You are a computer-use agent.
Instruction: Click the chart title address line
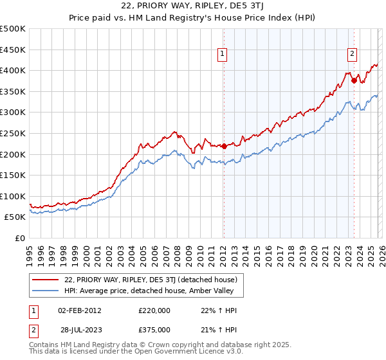tap(193, 7)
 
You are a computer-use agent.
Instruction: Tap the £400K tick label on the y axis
tap(13, 70)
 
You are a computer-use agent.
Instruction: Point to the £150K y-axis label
tap(13, 175)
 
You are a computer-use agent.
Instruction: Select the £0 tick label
tap(20, 238)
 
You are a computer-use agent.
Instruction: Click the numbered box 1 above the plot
tap(222, 54)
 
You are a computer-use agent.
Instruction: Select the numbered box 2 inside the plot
tap(353, 54)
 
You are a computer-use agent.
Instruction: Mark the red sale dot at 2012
tap(223, 146)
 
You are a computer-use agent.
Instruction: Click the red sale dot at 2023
tap(354, 81)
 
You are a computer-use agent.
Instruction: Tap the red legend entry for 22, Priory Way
tap(151, 280)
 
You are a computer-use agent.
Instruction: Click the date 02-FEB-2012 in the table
tap(79, 310)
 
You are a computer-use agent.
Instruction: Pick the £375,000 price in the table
tap(154, 329)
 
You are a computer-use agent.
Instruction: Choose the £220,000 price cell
tap(154, 310)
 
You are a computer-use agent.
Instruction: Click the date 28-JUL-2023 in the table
tap(79, 329)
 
